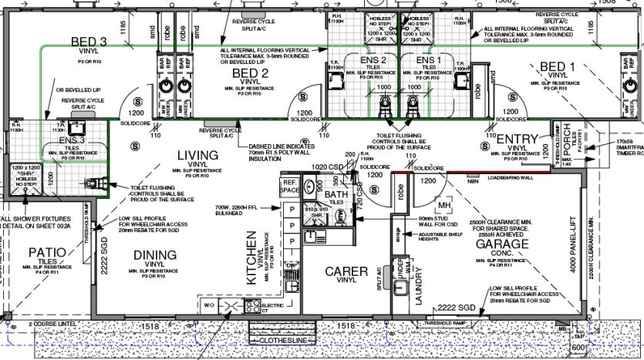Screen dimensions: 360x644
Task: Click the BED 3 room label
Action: tap(88, 42)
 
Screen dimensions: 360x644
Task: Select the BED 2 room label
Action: tap(250, 73)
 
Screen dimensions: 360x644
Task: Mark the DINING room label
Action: tap(155, 255)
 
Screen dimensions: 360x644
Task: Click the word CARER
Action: tap(346, 271)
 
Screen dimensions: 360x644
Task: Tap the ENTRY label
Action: tap(516, 138)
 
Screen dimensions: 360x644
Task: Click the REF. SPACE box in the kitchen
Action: tap(289, 186)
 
